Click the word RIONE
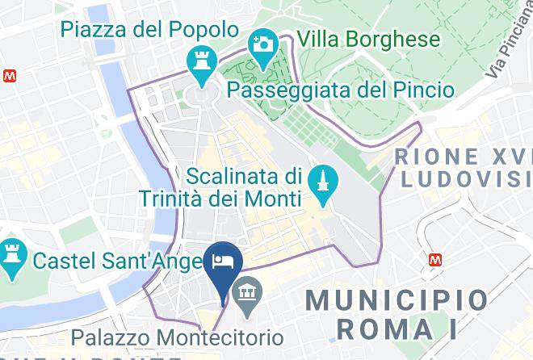435,156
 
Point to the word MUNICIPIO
397,301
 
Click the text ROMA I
397,329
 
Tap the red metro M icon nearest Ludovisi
437,260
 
